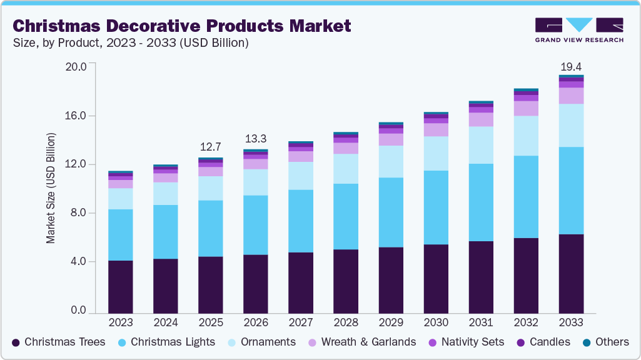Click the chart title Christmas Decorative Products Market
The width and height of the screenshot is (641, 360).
tap(181, 26)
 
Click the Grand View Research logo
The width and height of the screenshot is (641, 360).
tap(579, 30)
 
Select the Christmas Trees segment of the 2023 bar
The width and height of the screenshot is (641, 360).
tap(120, 286)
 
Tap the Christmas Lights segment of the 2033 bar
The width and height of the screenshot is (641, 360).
tap(571, 191)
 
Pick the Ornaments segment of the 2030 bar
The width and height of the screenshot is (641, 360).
tap(436, 153)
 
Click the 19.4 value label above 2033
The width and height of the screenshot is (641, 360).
tap(571, 66)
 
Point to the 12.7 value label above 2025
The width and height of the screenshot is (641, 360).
tap(211, 147)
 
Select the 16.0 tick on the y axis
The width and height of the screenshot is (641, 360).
tap(78, 116)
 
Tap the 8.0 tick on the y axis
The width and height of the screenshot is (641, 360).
tap(81, 213)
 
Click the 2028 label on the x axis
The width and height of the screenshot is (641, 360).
tap(346, 323)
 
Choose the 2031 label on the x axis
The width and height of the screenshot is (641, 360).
tap(481, 323)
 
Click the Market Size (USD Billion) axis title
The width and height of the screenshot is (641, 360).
tap(51, 187)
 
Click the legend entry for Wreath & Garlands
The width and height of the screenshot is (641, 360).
tap(368, 342)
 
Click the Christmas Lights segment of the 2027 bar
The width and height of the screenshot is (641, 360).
tap(301, 221)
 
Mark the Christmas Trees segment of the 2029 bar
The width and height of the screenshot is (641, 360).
tap(391, 280)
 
